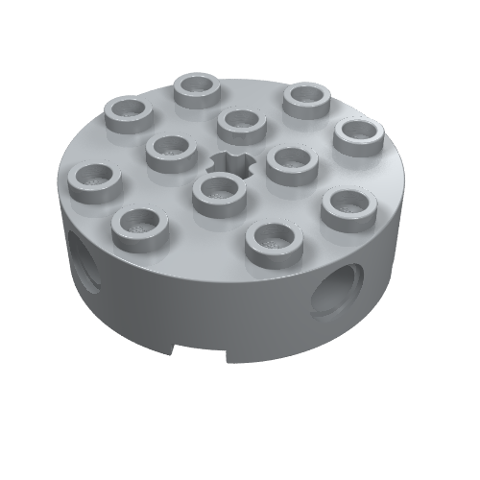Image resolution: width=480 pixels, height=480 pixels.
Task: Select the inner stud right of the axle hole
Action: tap(290, 162)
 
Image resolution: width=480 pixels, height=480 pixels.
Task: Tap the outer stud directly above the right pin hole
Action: tap(347, 207)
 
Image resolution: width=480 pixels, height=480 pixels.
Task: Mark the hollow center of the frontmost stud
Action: tap(273, 235)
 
